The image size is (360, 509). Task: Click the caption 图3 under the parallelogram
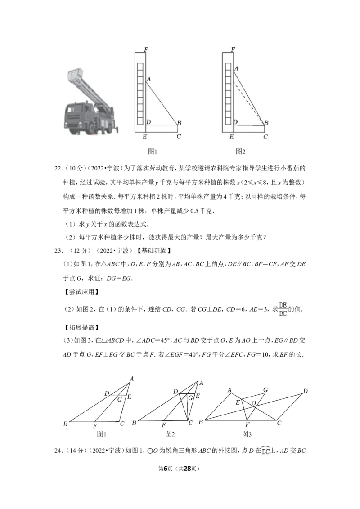(247, 434)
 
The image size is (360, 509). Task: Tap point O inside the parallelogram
(254, 403)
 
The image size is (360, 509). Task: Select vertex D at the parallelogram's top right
(306, 392)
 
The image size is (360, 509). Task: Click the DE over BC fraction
(283, 309)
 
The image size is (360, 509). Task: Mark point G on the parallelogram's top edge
(265, 389)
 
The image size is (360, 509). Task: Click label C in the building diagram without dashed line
(179, 136)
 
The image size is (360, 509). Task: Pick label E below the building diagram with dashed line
(231, 136)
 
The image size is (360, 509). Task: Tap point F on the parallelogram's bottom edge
(247, 424)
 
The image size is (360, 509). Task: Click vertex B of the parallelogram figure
(201, 422)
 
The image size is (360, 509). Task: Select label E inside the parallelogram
(238, 402)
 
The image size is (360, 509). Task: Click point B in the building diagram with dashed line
(266, 123)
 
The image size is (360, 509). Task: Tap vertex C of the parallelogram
(279, 423)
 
